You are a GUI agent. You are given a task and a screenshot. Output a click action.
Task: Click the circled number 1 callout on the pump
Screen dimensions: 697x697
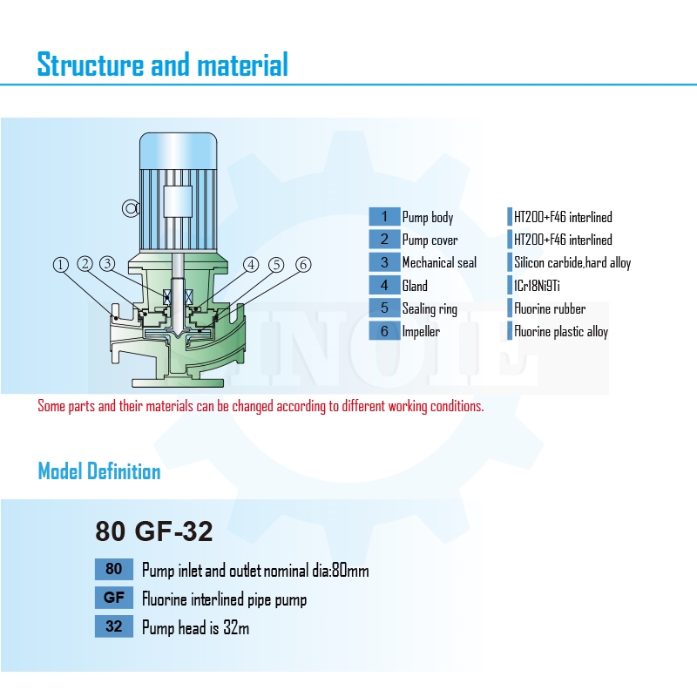coord(61,265)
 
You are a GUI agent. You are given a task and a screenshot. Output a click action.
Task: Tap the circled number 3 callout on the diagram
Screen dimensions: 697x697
coord(107,264)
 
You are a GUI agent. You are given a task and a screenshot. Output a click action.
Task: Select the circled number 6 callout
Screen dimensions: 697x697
coord(303,265)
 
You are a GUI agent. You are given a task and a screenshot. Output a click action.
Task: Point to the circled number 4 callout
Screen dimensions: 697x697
coord(251,265)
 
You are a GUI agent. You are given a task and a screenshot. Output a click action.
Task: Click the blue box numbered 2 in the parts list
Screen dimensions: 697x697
coord(384,240)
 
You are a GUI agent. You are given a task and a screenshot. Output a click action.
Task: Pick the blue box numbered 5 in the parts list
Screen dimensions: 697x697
coord(384,308)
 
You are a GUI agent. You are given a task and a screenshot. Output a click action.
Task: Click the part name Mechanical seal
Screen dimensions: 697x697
coord(439,263)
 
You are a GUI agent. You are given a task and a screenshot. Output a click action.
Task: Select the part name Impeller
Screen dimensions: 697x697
coord(421,332)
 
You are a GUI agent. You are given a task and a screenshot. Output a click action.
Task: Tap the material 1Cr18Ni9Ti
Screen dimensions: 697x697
coord(537,286)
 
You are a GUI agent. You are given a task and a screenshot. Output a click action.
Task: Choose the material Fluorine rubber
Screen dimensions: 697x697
coord(550,308)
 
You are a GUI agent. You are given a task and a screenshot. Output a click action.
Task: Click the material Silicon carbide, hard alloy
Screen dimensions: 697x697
coord(572,263)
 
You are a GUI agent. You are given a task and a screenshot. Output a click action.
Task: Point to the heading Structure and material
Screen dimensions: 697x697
coord(163,64)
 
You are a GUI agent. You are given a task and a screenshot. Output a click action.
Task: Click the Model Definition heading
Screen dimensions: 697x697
coord(99,471)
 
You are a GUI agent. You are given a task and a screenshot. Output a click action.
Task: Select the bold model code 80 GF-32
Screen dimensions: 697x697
coord(154,531)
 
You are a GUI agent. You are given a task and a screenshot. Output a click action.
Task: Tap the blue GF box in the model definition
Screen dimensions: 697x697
coord(114,598)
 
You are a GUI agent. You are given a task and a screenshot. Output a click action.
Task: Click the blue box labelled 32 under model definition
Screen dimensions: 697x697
coord(114,626)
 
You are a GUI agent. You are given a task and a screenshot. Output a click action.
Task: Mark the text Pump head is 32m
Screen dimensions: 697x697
coord(195,627)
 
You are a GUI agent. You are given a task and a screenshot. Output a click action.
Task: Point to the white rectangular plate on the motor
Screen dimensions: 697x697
coord(178,201)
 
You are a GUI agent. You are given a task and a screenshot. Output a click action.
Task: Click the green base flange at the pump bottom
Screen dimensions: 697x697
coord(178,382)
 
